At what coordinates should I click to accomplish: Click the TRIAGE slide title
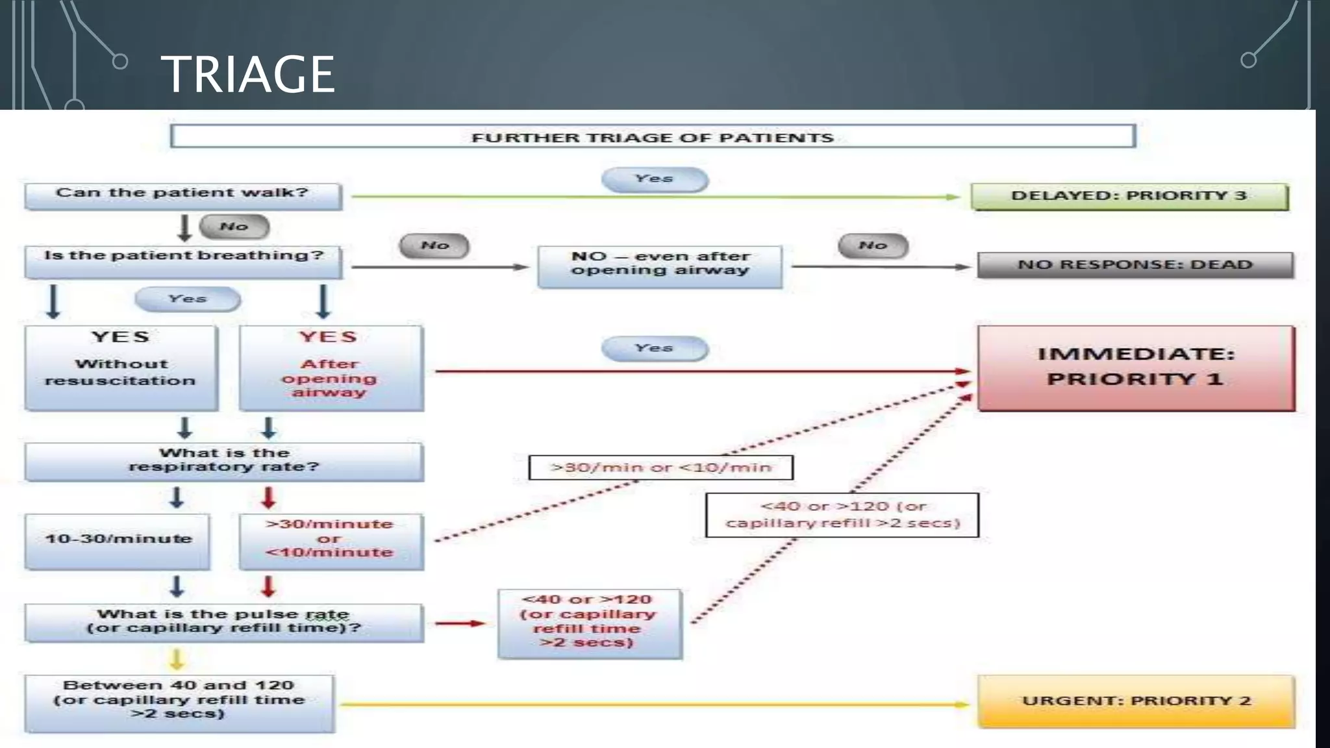pyautogui.click(x=247, y=74)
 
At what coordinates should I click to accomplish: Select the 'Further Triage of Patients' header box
pyautogui.click(x=653, y=137)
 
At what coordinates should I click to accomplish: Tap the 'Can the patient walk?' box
pyautogui.click(x=182, y=195)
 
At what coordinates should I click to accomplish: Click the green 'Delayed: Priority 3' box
pyautogui.click(x=1129, y=196)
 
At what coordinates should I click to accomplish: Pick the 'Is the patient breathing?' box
pyautogui.click(x=183, y=260)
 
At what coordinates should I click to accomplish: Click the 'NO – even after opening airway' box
pyautogui.click(x=660, y=266)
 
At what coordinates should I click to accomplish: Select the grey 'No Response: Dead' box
pyautogui.click(x=1135, y=265)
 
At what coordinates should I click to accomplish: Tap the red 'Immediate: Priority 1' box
pyautogui.click(x=1136, y=368)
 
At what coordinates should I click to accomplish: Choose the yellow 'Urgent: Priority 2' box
pyautogui.click(x=1136, y=701)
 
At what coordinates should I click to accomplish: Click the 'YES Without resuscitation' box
pyautogui.click(x=121, y=368)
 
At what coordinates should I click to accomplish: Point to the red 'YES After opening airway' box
pyautogui.click(x=331, y=368)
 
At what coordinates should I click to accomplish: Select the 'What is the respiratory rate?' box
pyautogui.click(x=224, y=461)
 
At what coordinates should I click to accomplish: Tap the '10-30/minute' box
pyautogui.click(x=118, y=541)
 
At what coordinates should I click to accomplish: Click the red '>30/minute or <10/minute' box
pyautogui.click(x=331, y=541)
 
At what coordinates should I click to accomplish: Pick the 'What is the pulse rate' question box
pyautogui.click(x=224, y=622)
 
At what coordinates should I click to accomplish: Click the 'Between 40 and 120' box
pyautogui.click(x=179, y=703)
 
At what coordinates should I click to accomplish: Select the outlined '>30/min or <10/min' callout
pyautogui.click(x=660, y=467)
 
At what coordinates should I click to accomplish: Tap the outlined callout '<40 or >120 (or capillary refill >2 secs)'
pyautogui.click(x=842, y=515)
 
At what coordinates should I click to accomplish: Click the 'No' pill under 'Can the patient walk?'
pyautogui.click(x=234, y=227)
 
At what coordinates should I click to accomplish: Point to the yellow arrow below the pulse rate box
pyautogui.click(x=177, y=658)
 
